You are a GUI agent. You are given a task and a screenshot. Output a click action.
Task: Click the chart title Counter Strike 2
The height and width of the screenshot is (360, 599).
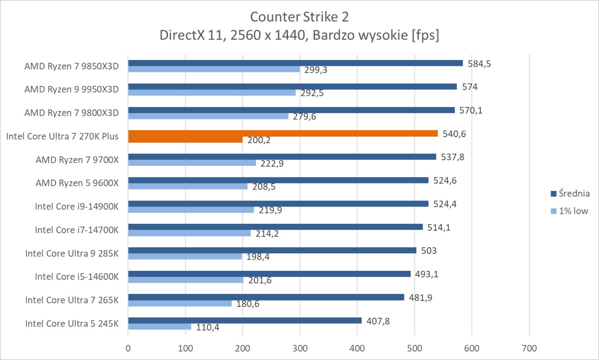coord(299,17)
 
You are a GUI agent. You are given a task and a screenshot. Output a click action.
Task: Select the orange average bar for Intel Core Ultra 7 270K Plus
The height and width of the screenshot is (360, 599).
coord(283,133)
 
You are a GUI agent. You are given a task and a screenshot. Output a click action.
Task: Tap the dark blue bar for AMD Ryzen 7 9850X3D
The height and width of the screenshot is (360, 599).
coord(296,63)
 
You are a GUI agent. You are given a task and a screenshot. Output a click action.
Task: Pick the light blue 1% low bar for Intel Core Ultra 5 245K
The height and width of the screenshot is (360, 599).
coord(160,327)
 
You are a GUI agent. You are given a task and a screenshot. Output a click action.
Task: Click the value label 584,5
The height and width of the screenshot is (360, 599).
coord(479,64)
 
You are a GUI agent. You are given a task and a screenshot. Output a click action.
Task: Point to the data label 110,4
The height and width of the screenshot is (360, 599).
coord(207,328)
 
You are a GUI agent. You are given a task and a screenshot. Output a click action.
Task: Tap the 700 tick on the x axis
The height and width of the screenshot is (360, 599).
coord(529,348)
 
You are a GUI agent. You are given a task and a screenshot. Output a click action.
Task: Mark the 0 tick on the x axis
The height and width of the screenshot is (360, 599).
coord(128,348)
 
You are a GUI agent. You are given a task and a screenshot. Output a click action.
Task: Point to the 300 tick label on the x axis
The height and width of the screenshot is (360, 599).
coord(300,348)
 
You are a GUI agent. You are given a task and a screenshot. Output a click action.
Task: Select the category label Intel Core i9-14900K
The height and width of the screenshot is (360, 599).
coord(77,207)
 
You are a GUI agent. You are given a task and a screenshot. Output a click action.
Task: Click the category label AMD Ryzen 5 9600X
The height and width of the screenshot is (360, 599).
coord(77,183)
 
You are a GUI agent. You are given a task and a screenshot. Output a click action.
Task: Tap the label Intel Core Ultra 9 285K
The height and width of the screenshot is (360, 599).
coord(72,254)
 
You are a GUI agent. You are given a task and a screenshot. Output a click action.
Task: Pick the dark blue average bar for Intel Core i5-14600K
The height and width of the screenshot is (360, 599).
coord(270,274)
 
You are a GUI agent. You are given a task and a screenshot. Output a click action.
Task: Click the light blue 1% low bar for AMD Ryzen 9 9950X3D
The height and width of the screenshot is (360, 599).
coord(212,93)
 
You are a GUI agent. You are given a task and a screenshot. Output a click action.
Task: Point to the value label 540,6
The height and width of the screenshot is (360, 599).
coord(454,134)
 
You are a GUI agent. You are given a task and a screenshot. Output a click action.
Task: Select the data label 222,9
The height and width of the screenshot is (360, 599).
coord(272,164)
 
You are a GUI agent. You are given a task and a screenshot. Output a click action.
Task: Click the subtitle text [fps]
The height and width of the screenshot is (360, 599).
coord(425,35)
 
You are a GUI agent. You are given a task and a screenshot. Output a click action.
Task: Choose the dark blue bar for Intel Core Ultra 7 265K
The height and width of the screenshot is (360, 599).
coord(266,297)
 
